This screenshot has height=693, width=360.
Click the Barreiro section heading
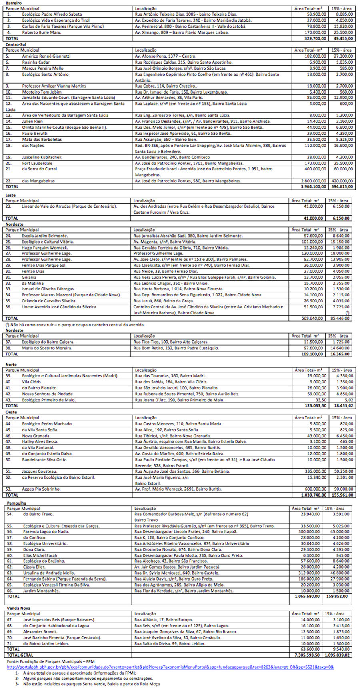(14, 3)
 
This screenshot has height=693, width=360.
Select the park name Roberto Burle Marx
(41, 32)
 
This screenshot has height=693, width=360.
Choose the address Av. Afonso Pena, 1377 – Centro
(166, 56)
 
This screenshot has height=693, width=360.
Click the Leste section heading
(10, 195)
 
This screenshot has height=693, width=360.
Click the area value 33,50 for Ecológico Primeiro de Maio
(321, 400)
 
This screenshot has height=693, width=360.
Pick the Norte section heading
(11, 365)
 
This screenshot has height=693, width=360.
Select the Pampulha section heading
(16, 503)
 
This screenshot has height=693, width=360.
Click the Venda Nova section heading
(18, 608)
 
